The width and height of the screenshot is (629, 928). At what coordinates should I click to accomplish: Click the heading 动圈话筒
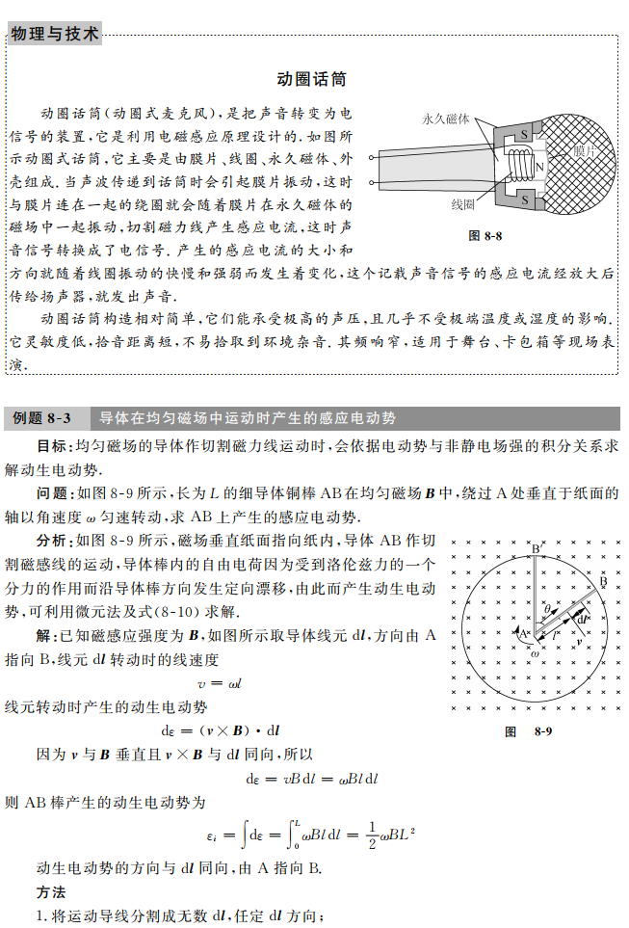311,78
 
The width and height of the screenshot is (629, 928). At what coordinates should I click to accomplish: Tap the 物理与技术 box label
54,35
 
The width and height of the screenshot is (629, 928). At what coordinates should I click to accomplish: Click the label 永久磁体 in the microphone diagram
446,119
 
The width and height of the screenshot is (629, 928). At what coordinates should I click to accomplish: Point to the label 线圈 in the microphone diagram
462,205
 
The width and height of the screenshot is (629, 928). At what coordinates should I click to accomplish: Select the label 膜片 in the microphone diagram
588,151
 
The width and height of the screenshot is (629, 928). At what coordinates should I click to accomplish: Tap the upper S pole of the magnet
525,133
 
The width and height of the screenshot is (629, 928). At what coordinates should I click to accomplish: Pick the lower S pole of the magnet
525,200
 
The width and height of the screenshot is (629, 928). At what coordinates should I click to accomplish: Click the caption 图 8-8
485,235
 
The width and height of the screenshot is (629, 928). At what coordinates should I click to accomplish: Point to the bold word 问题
52,493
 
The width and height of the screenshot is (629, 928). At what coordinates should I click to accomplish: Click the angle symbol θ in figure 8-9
547,610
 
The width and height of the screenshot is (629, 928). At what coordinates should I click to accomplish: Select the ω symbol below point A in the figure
535,653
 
